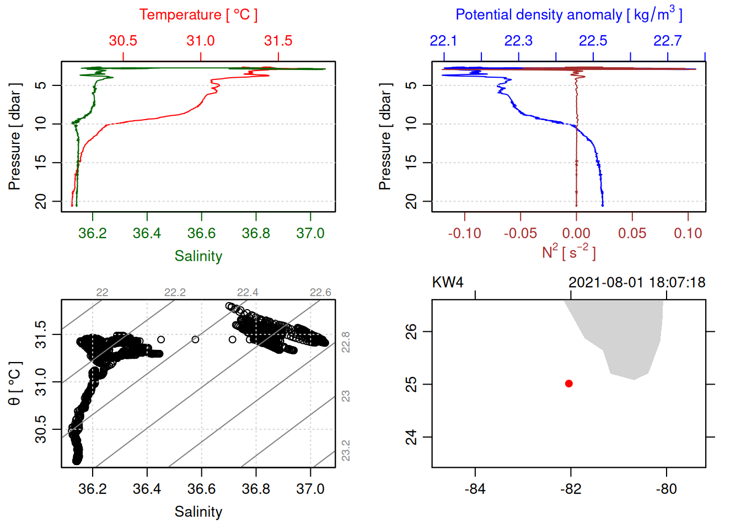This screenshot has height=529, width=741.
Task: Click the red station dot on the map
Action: pos(569,384)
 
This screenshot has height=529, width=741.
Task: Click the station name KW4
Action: pos(448,283)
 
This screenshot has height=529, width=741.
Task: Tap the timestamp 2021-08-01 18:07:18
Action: pos(637,283)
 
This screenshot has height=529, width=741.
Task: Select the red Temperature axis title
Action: pos(198,15)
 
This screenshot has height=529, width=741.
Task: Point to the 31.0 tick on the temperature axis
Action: pos(201,41)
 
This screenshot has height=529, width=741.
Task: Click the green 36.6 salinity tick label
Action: pos(201,233)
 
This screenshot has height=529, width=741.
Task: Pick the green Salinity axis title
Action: pos(198,256)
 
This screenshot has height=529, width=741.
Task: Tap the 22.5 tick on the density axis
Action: pos(593,41)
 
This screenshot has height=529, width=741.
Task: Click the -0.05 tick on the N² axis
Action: pos(520,233)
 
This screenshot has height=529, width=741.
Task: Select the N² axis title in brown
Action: pos(569,252)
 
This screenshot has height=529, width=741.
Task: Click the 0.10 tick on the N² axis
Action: pos(688,233)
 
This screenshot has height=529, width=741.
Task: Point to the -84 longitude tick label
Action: pos(475,489)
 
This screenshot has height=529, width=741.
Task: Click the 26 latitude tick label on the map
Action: pos(412,331)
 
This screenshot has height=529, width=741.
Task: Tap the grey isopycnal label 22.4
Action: pos(248,293)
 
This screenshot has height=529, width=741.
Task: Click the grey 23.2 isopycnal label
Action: pos(346,451)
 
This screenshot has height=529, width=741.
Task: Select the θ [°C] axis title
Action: pos(14,384)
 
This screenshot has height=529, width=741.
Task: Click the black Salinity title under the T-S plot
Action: pos(198,512)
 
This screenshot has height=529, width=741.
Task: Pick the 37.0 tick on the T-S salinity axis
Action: pos(310,489)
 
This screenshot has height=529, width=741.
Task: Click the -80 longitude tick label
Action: pos(667,489)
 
